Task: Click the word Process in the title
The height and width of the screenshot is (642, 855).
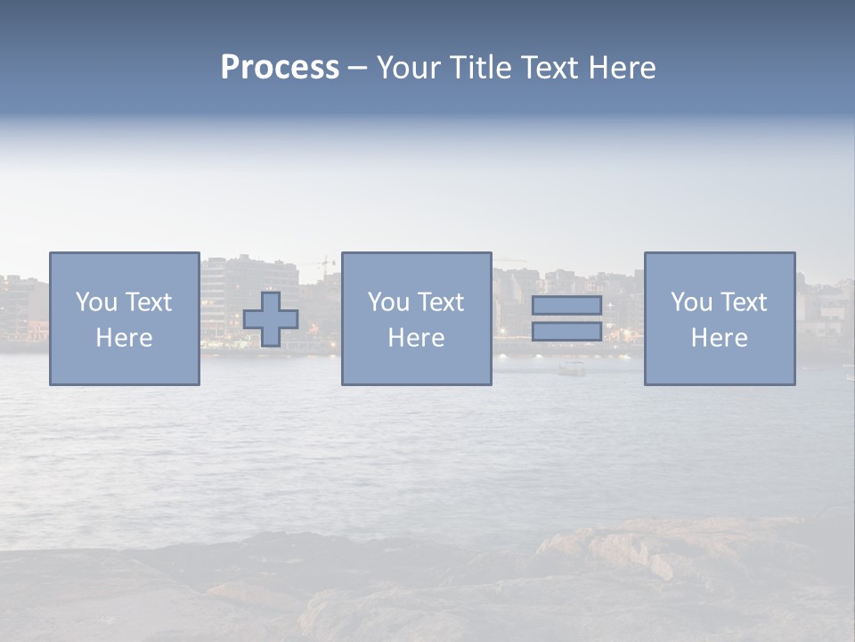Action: pyautogui.click(x=280, y=68)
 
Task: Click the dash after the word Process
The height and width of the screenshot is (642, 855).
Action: pyautogui.click(x=357, y=70)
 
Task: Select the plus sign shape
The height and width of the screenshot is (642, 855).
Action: pyautogui.click(x=271, y=319)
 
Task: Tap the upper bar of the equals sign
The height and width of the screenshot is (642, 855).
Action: pyautogui.click(x=566, y=306)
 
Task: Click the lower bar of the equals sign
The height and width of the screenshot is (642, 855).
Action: pyautogui.click(x=566, y=332)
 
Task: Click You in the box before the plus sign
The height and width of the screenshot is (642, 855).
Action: pyautogui.click(x=96, y=302)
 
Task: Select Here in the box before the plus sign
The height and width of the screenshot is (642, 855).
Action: pyautogui.click(x=124, y=338)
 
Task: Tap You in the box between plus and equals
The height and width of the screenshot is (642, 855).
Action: pyautogui.click(x=388, y=302)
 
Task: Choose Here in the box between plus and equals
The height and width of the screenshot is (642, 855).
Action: pyautogui.click(x=416, y=338)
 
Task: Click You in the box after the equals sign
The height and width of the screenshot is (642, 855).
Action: pyautogui.click(x=691, y=302)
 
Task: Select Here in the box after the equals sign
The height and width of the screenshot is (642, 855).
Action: pyautogui.click(x=719, y=338)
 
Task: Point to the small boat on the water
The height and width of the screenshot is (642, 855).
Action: pyautogui.click(x=572, y=368)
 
